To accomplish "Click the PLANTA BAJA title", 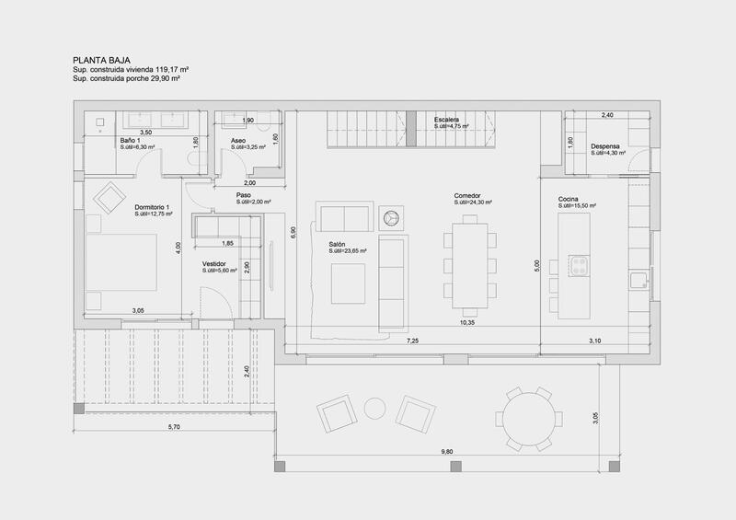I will [97, 58].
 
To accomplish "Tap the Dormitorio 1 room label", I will [153, 208].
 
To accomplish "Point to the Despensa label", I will [604, 146].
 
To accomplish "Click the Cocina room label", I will [568, 200].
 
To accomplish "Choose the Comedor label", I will [468, 196].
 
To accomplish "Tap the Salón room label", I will [338, 245].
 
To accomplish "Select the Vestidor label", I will [215, 264].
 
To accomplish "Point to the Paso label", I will [243, 195].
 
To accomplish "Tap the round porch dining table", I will [532, 418].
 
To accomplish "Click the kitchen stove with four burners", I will [579, 267].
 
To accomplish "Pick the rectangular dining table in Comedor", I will [467, 266].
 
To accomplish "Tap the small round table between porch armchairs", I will [374, 408].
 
